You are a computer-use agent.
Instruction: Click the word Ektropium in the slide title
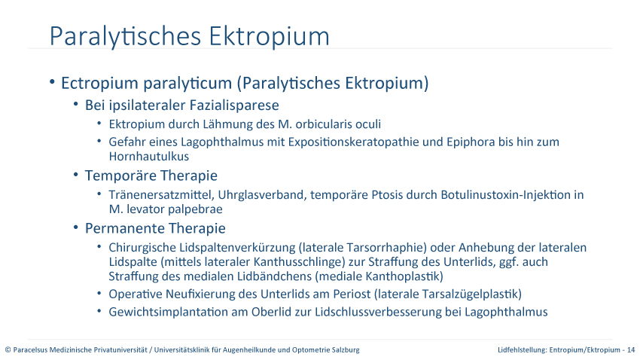pos(269,37)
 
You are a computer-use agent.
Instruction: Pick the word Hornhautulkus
pos(149,157)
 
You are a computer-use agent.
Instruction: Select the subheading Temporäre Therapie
pos(151,176)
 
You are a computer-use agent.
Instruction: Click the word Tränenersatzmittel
pos(162,195)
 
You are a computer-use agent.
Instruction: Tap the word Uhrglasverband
pos(263,195)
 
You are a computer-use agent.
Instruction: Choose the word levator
pos(145,209)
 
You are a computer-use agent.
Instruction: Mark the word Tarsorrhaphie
pos(386,248)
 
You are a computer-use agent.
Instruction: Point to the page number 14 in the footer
pos(631,349)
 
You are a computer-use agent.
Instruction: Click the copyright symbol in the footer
pos(8,349)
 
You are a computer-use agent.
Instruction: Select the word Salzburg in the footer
pos(346,349)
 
